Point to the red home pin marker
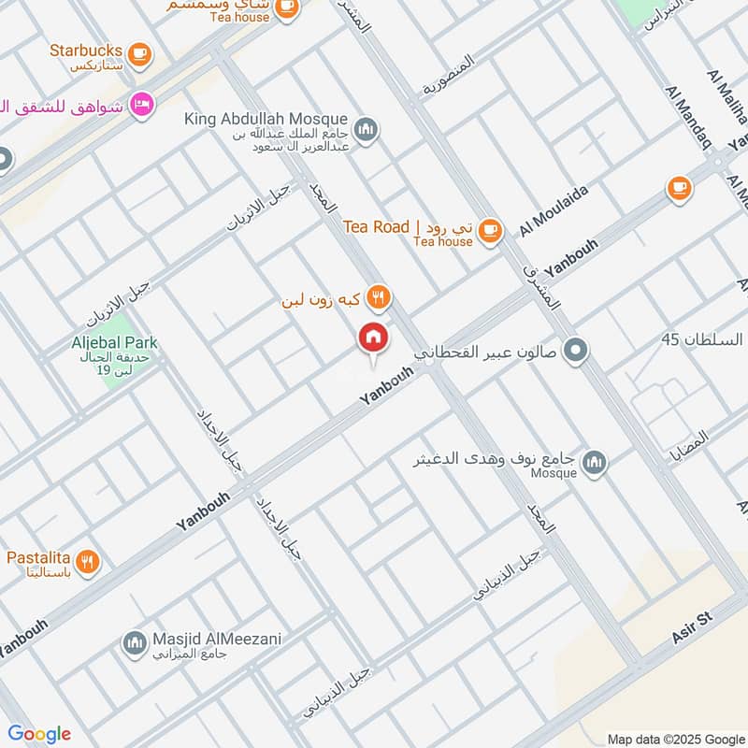[x=372, y=339]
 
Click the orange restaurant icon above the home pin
[x=378, y=298]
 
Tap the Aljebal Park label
[x=115, y=343]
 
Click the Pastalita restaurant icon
[x=88, y=561]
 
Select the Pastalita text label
[x=39, y=558]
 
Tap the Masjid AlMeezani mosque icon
[x=134, y=643]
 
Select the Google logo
[x=39, y=734]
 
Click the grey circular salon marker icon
[x=577, y=352]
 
